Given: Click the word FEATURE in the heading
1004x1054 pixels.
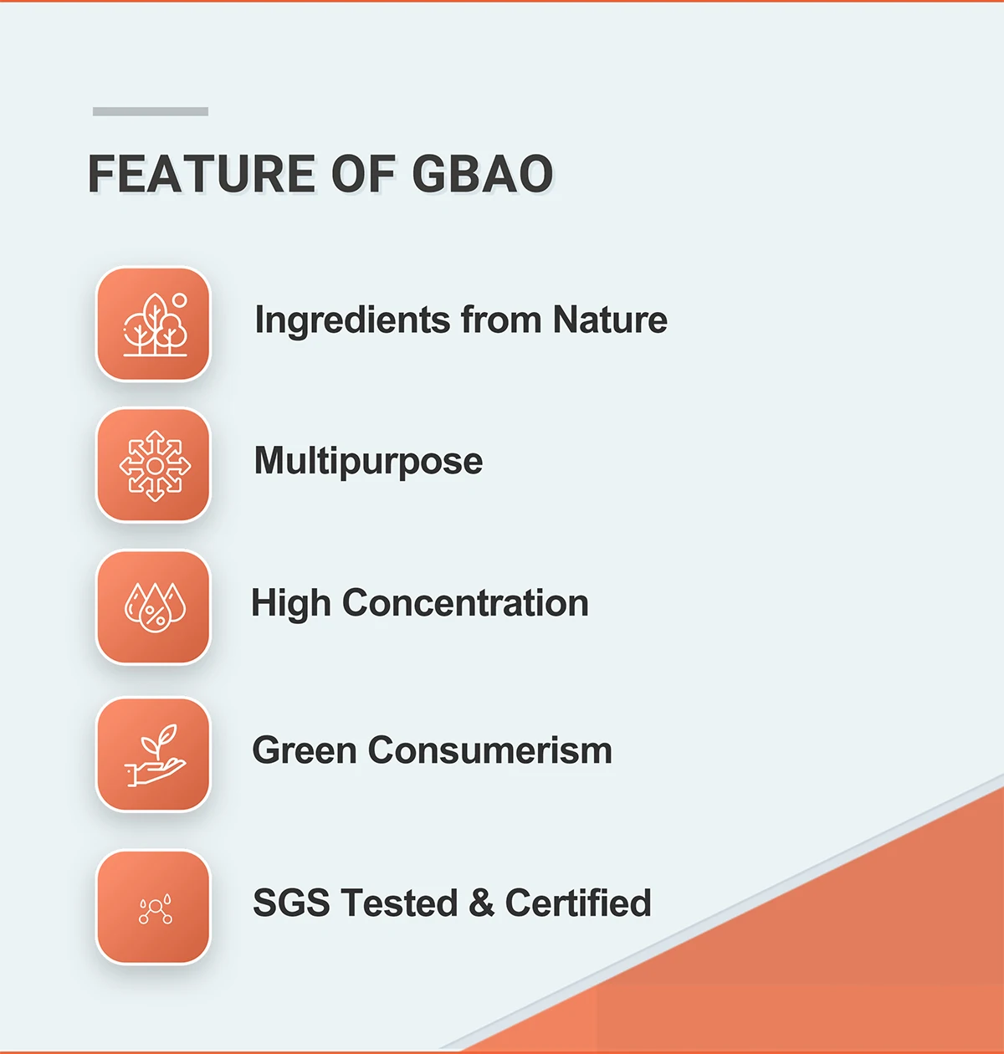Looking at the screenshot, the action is point(202,173).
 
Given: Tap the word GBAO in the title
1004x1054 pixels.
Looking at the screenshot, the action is point(483,173).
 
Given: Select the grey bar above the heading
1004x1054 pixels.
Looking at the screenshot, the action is point(150,111).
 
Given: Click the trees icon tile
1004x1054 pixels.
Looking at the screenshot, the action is point(153,325).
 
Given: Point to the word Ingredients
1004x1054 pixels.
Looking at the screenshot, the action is point(352,321).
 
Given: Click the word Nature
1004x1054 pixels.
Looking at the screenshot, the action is point(610,320).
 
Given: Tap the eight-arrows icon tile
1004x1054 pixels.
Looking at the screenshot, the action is point(153,465).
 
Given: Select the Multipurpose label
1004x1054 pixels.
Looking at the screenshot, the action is point(368,462).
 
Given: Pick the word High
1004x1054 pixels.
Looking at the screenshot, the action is point(291,604).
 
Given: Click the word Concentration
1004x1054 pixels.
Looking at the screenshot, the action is point(465,603).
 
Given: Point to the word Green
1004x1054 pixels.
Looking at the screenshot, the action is point(305,750).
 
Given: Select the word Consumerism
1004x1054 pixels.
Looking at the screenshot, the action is point(490,750).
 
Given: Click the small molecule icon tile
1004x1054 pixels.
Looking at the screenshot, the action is point(153,907).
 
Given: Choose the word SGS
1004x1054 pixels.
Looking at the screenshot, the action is point(291,903).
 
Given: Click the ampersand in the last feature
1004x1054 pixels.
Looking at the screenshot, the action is point(481,903).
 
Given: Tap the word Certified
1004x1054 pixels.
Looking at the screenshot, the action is point(578,903).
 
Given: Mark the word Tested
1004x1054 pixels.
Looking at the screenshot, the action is point(400,903).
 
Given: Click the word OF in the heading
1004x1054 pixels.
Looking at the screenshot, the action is point(364,173).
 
